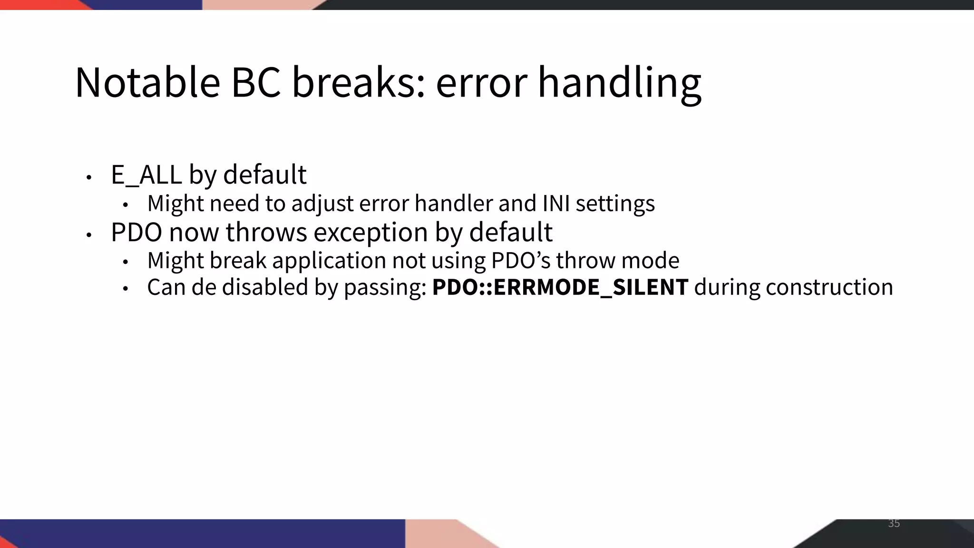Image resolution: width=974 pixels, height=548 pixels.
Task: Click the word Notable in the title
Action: point(147,83)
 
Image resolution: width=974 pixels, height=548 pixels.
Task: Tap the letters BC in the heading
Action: point(255,83)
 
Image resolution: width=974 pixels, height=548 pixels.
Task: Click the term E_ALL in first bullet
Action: point(146,175)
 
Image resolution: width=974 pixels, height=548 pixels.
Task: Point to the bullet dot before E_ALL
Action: point(88,177)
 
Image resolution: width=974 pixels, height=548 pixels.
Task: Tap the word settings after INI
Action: point(615,204)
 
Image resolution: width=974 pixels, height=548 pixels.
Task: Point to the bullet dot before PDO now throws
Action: point(88,235)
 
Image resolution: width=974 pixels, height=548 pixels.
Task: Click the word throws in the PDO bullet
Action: point(266,233)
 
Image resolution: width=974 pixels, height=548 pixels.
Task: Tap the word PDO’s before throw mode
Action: point(520,261)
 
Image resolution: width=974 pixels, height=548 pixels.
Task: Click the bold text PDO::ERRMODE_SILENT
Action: point(560,287)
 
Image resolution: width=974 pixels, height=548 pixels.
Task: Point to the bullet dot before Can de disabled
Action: point(126,289)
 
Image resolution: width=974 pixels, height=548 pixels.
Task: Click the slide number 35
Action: point(894,524)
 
